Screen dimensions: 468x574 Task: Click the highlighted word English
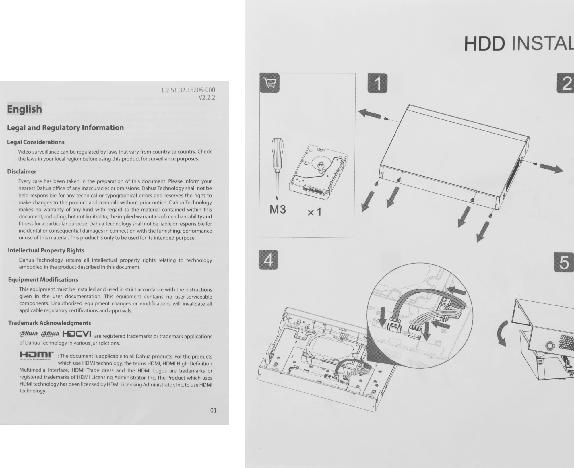(x=24, y=109)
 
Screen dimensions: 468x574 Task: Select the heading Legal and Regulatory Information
(x=65, y=127)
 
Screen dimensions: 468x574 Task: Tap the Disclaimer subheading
(x=22, y=171)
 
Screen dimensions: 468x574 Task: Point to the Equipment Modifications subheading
(x=43, y=279)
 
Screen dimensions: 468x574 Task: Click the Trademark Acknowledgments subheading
(x=49, y=323)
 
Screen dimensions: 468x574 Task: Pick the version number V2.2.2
(x=207, y=97)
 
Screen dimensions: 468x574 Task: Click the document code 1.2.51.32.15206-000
(x=188, y=90)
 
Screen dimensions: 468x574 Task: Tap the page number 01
(x=213, y=410)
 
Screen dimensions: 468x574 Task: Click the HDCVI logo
(x=77, y=334)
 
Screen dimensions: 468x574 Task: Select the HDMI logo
(x=36, y=355)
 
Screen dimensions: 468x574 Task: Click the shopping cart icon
(x=269, y=83)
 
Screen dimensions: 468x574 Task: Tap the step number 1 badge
(x=377, y=83)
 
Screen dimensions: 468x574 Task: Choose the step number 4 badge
(x=268, y=260)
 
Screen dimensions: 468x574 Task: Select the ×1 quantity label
(x=315, y=212)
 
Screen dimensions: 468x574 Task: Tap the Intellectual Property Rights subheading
(x=46, y=250)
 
